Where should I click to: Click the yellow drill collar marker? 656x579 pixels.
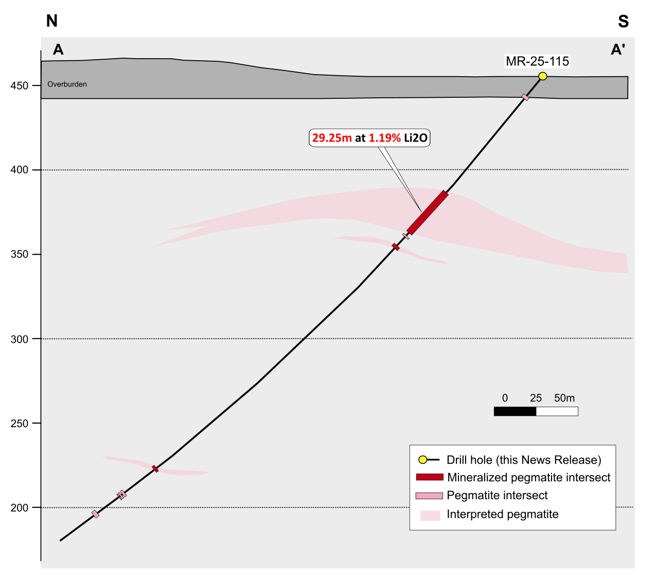(542, 76)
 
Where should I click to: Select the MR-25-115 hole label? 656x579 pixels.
(537, 61)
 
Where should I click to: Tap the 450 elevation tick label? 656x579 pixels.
(19, 85)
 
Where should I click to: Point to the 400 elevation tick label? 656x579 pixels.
(19, 170)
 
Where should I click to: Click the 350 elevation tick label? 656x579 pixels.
(19, 254)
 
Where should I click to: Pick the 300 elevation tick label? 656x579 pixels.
(19, 339)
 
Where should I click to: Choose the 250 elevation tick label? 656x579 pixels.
(19, 423)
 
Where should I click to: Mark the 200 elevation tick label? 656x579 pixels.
(19, 507)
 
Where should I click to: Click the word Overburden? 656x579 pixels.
(67, 84)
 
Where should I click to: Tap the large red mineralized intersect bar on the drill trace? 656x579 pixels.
(428, 213)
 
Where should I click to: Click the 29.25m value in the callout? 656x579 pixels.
(332, 138)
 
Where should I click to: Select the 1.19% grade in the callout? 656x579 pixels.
(384, 138)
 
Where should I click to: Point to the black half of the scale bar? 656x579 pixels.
(515, 411)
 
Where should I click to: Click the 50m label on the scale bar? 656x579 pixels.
(564, 398)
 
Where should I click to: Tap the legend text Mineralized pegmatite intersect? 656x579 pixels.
(528, 477)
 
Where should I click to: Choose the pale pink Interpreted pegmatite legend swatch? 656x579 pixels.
(430, 515)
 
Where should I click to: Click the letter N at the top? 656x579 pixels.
(52, 21)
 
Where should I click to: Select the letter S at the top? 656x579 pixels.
(623, 21)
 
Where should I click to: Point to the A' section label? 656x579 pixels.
(617, 49)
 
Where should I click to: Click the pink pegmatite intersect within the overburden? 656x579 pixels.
(525, 97)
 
